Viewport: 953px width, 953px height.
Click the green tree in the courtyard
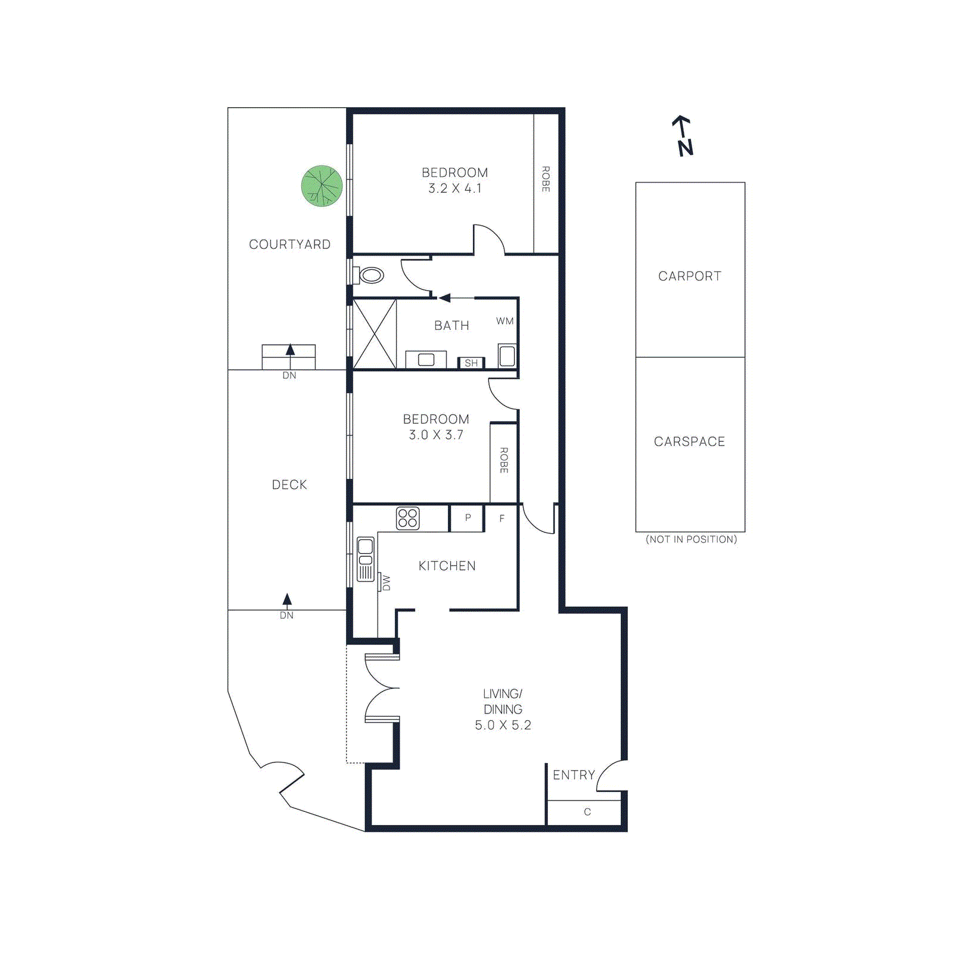pos(322,186)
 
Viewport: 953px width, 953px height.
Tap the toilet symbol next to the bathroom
pos(370,275)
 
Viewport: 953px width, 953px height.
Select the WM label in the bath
pos(504,321)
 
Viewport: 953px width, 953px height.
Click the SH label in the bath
pos(471,363)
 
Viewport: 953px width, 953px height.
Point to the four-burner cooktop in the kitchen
pos(407,518)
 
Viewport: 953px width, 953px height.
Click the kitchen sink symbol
pos(365,559)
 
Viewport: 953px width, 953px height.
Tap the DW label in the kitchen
pos(386,582)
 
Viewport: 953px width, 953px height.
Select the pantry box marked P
pos(468,518)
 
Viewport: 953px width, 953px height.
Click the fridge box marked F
pos(502,518)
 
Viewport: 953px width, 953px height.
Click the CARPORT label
pos(690,276)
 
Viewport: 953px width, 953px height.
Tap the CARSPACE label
pos(690,441)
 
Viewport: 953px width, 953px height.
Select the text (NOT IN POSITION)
pos(691,539)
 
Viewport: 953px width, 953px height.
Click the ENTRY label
pos(574,775)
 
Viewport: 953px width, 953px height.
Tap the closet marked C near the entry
pos(587,812)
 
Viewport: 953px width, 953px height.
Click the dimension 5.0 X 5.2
pos(503,725)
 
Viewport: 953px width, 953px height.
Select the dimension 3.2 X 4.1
pos(454,188)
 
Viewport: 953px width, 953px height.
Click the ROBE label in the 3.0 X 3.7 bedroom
pos(504,460)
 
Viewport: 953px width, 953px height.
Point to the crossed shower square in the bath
pos(375,334)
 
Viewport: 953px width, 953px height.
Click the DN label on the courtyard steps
pos(289,375)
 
